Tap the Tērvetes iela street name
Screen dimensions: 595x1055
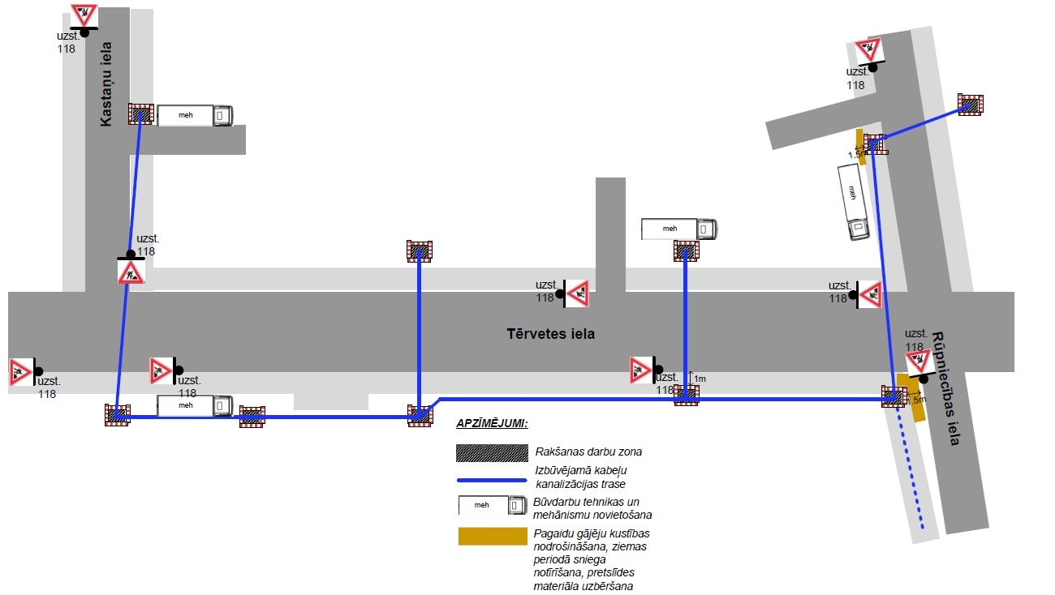(551, 333)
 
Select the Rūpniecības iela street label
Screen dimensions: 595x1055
(946, 388)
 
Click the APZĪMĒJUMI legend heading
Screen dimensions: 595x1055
(492, 423)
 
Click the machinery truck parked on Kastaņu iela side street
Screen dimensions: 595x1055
(195, 115)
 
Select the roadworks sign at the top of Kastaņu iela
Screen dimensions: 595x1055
(84, 15)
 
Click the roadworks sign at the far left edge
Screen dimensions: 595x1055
(20, 371)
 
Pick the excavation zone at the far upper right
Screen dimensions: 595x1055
(971, 105)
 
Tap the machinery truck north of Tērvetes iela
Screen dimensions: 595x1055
(679, 229)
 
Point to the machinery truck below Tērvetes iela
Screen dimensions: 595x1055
(195, 405)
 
